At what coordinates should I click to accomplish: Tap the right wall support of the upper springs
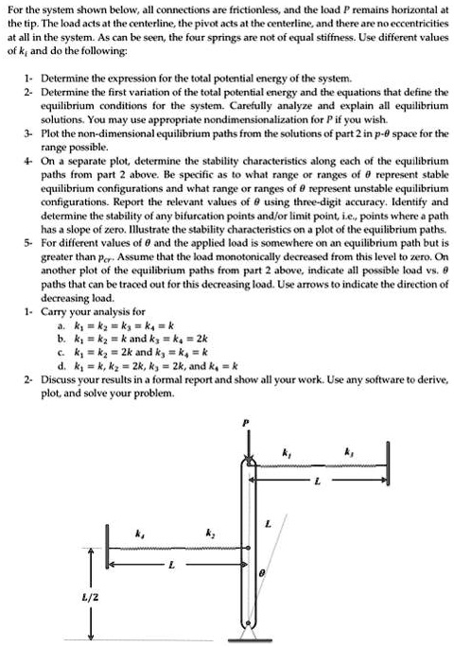[388, 464]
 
